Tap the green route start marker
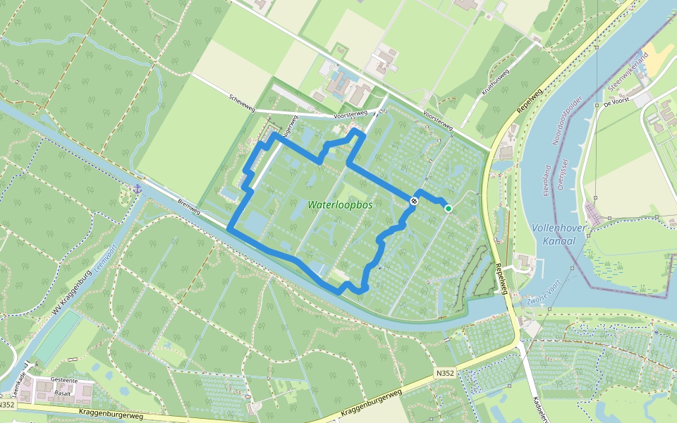click(x=448, y=208)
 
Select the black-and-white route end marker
click(x=415, y=201)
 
